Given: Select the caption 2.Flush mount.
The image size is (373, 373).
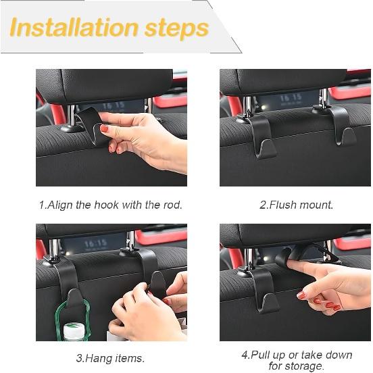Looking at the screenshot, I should pos(296,205).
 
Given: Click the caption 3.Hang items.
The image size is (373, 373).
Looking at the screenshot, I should pos(110,358).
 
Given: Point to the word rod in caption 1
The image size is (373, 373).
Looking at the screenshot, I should pos(172,205).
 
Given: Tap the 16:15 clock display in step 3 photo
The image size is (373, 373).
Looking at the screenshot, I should pos(95,243).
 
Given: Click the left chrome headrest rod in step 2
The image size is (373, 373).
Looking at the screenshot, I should pos(249,105).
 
